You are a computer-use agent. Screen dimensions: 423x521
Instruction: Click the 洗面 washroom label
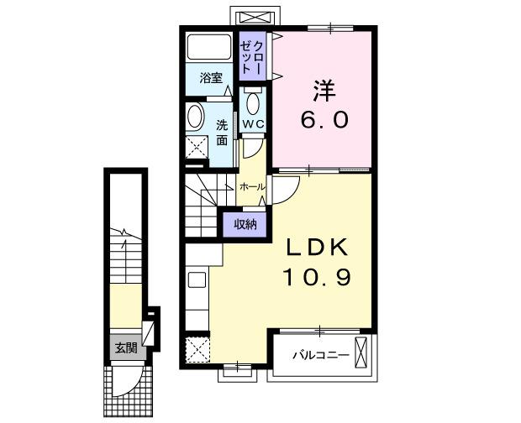222,133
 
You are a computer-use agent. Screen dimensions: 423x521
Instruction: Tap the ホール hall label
253,186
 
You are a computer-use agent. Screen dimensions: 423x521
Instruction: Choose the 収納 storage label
245,223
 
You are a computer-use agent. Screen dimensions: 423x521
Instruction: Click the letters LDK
317,249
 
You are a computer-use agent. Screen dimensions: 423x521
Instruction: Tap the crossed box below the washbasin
198,148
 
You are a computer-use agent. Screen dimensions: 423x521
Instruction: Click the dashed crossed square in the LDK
197,347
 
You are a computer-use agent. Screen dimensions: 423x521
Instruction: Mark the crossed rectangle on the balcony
363,353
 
